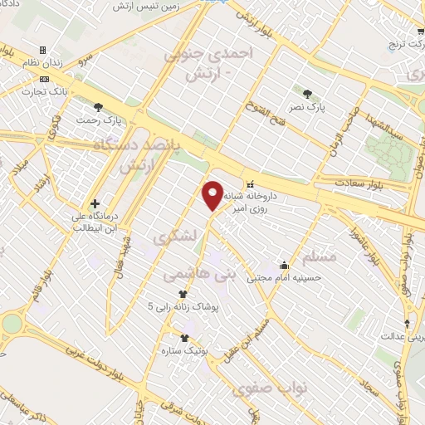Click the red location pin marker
tap(213, 194)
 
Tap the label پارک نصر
tap(313, 107)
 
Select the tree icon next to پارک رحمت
tap(99, 107)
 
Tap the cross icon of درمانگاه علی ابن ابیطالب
tap(95, 203)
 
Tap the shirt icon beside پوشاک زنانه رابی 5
tap(183, 294)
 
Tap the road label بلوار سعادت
tap(357, 183)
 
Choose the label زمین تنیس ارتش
tap(159, 7)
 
